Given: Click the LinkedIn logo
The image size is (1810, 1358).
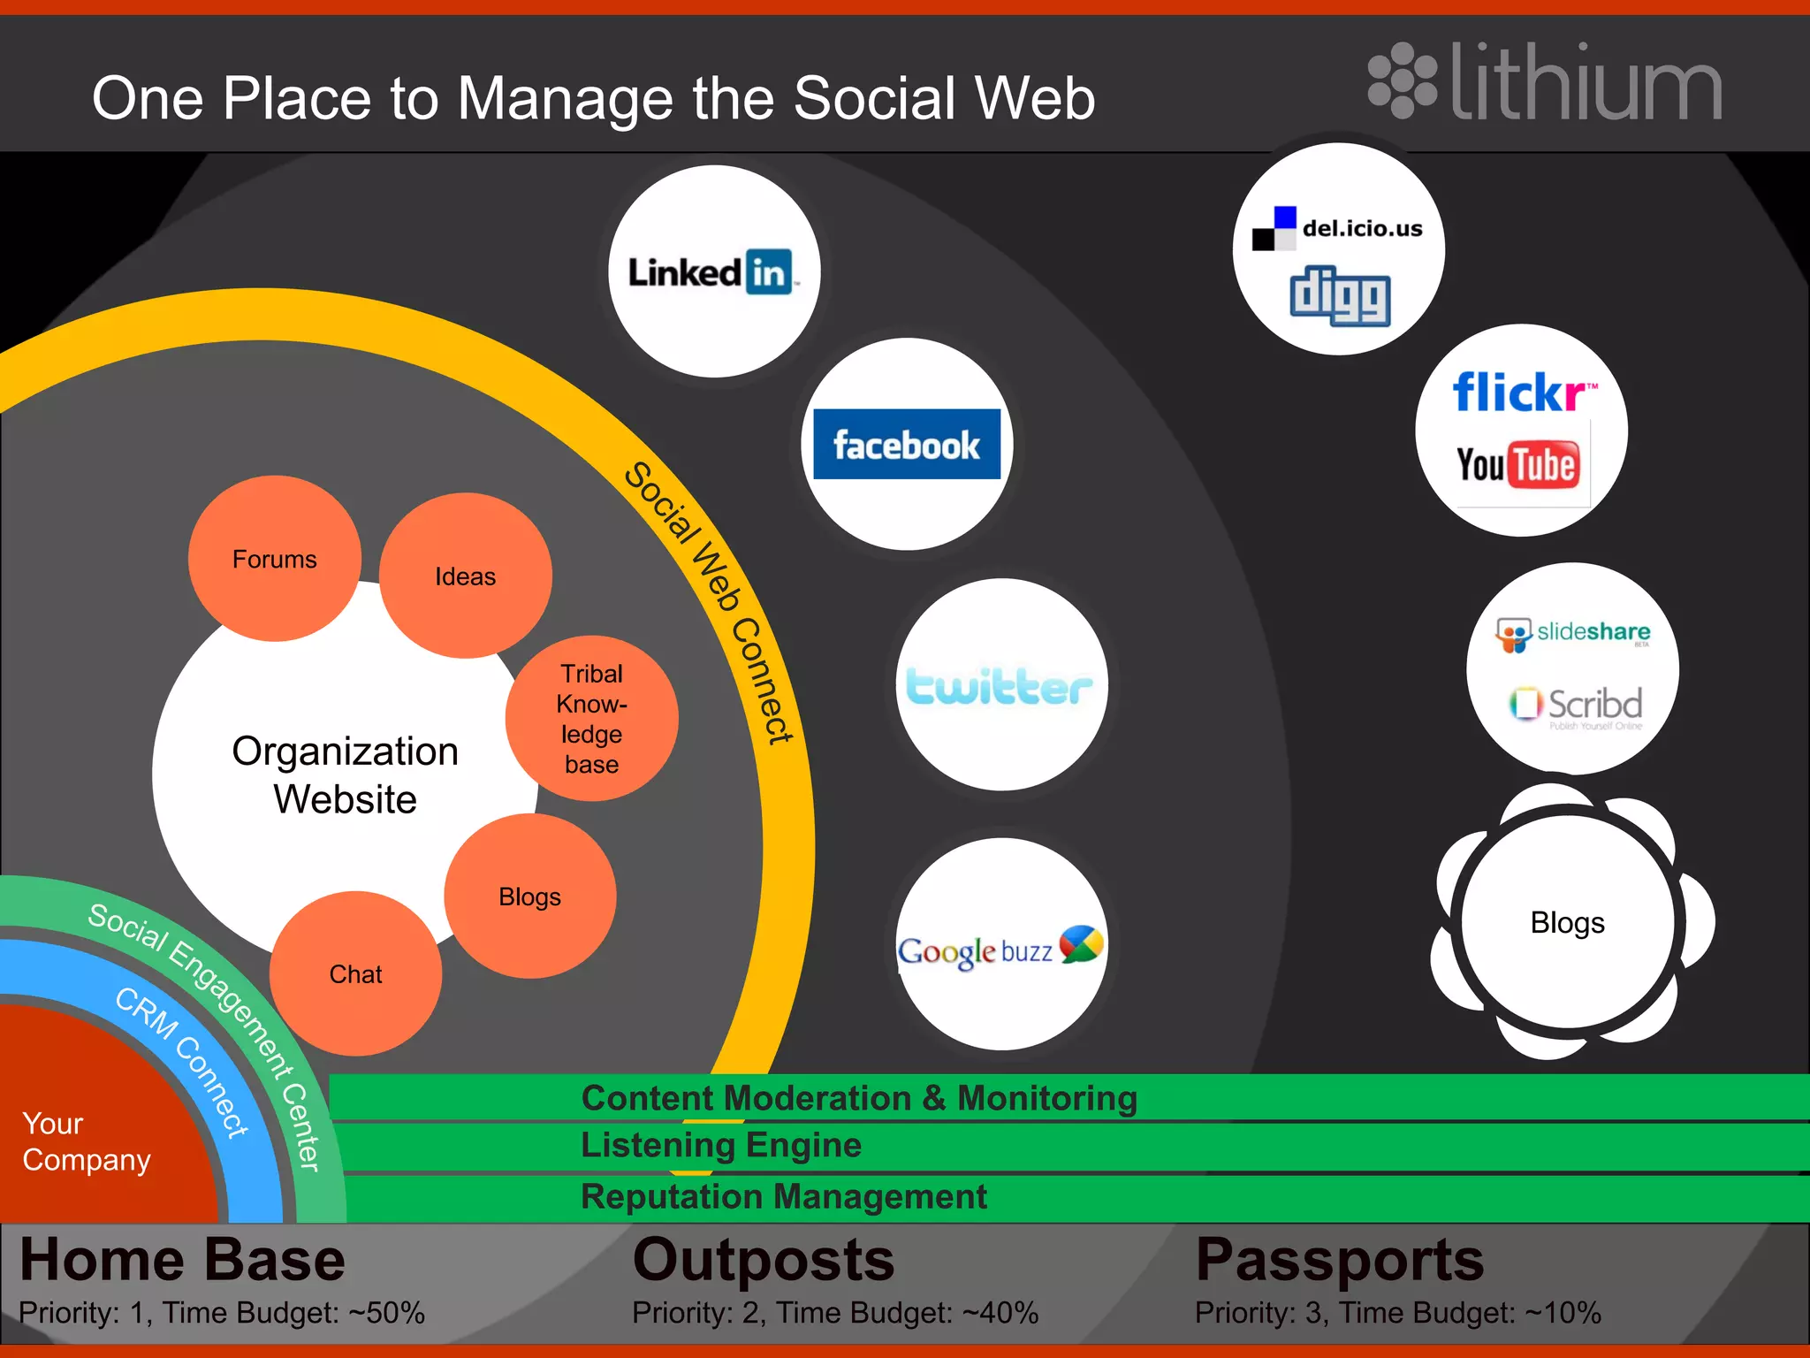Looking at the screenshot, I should [712, 272].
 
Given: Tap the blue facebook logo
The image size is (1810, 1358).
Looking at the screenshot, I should [907, 444].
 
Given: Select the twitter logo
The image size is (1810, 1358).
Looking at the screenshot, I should [1000, 687].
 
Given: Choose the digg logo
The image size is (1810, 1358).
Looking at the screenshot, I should [1340, 296].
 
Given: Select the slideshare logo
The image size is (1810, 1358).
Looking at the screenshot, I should [1573, 633].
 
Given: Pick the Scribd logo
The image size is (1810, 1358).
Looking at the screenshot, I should [1576, 705].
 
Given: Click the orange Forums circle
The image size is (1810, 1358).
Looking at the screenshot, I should [274, 559].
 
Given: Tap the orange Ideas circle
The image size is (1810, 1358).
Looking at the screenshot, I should [466, 576].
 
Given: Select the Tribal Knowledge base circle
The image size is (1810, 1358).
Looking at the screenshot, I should [591, 719].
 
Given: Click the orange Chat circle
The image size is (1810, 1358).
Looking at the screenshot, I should [355, 974].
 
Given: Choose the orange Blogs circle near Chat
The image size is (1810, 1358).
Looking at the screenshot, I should [529, 896].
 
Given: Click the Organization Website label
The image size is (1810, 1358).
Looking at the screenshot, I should [345, 774].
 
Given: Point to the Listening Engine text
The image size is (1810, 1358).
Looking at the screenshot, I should [721, 1145].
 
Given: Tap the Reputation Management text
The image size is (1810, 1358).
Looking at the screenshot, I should [784, 1197].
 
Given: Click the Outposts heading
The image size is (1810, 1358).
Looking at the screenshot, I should [764, 1260].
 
